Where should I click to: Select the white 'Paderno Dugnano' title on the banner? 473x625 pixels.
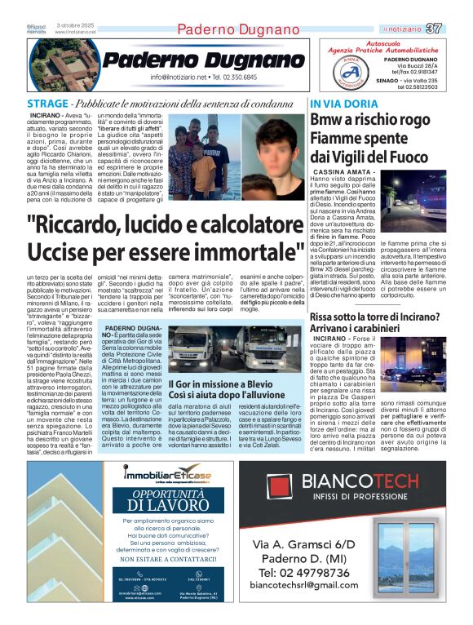tap(204, 59)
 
